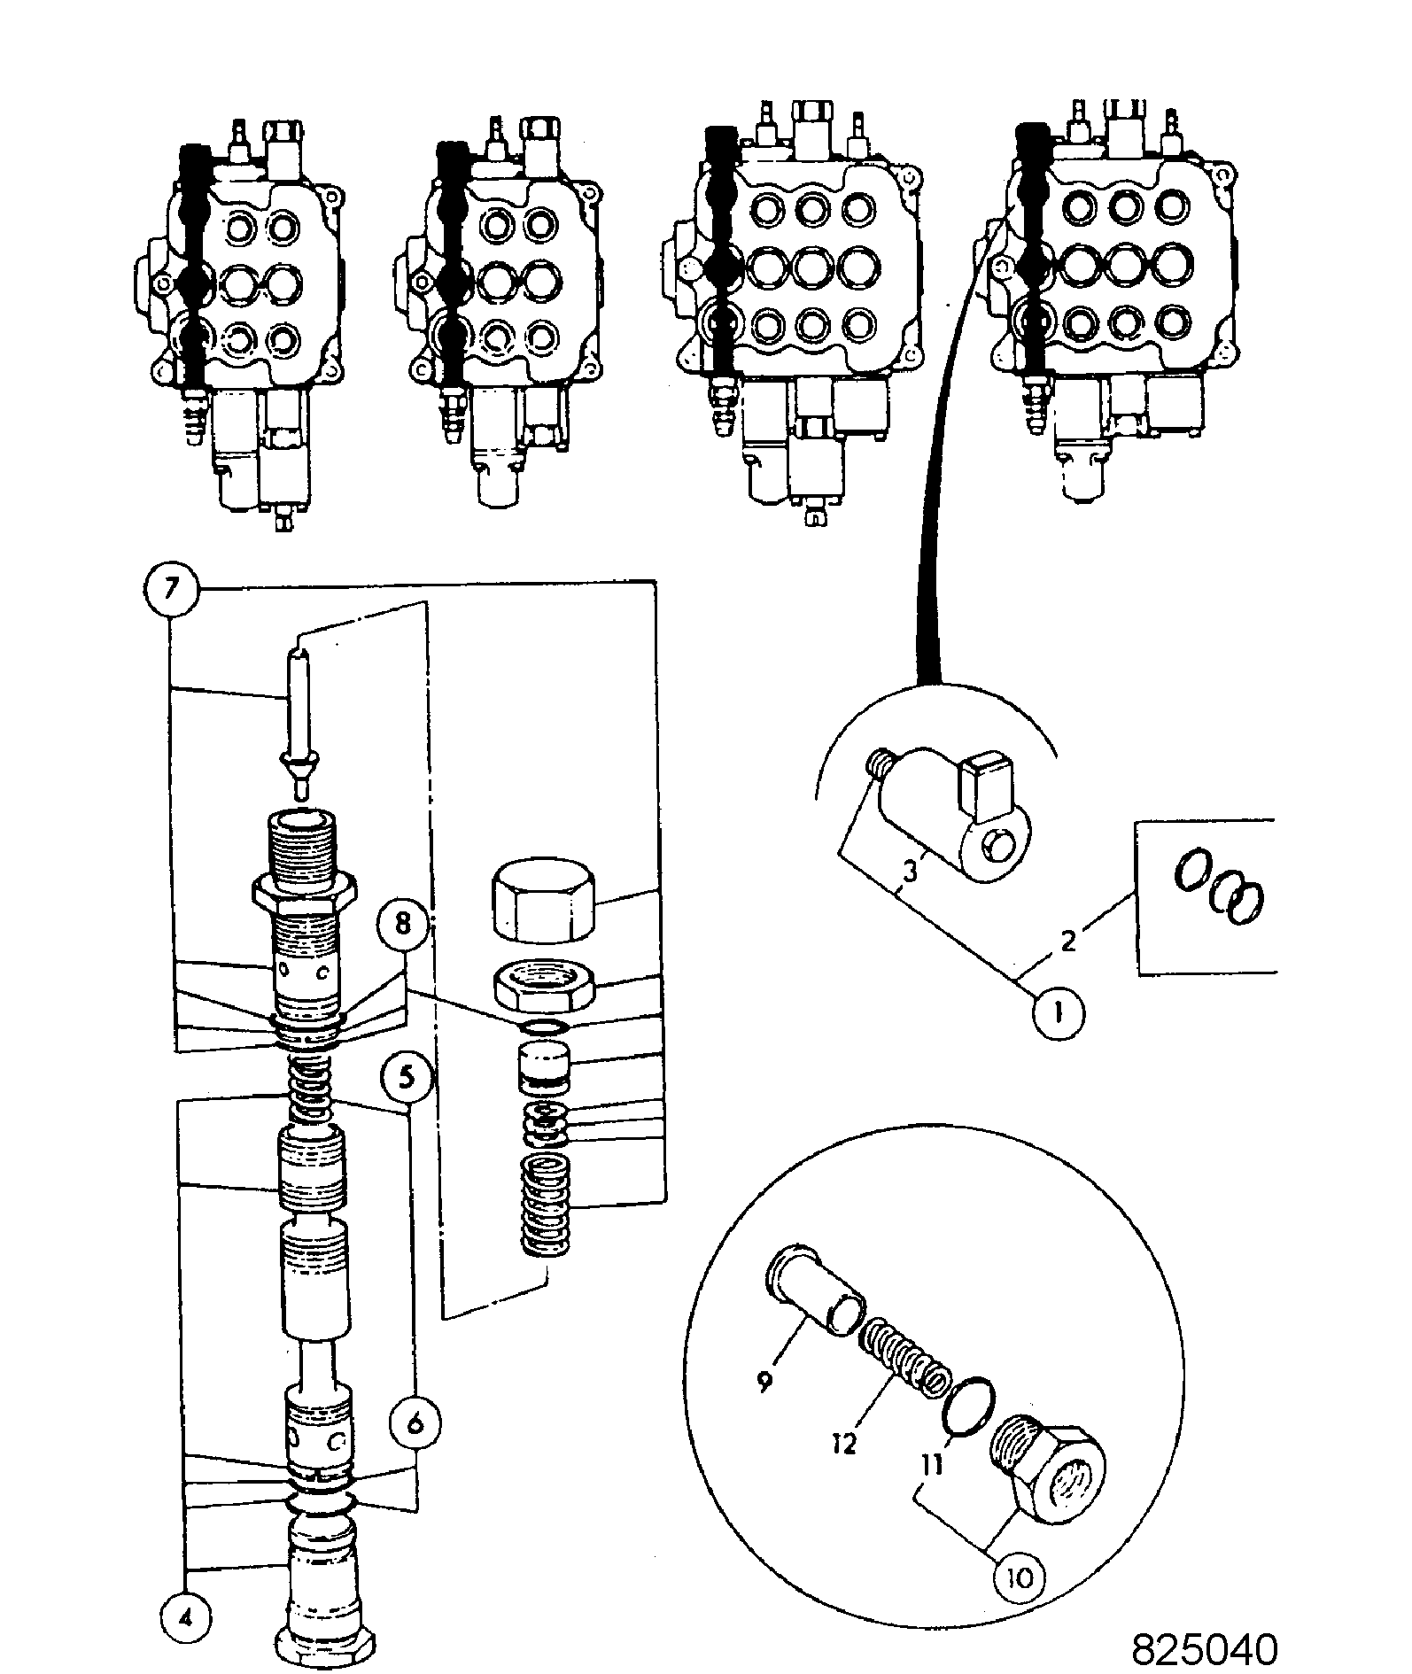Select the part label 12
[x=845, y=1445]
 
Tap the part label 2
[x=1067, y=941]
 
